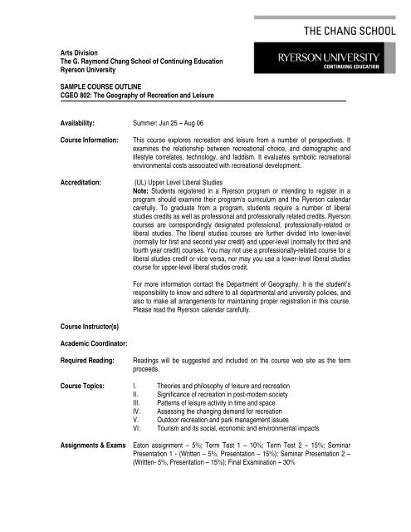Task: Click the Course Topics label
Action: click(x=84, y=387)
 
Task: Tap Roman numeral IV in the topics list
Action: click(x=138, y=411)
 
